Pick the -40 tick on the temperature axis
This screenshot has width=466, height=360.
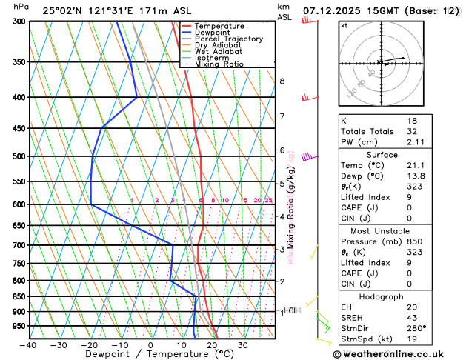click(28, 345)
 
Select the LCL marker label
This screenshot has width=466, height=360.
click(291, 311)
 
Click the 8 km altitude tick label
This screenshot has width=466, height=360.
click(282, 81)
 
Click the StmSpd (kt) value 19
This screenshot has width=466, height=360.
click(413, 339)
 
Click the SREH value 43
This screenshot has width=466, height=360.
click(413, 318)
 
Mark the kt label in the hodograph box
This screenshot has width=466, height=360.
click(344, 25)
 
